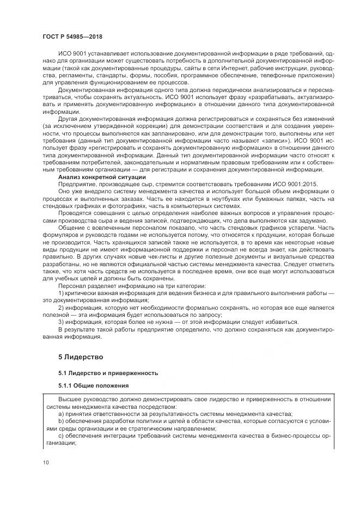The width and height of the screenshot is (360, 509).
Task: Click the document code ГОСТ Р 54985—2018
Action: click(72, 36)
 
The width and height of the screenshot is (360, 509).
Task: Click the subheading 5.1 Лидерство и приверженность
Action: click(108, 373)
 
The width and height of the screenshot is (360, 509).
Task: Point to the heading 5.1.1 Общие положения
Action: click(93, 386)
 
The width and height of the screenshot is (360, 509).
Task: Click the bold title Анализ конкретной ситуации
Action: click(102, 177)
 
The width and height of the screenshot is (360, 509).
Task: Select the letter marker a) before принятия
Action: click(61, 413)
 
